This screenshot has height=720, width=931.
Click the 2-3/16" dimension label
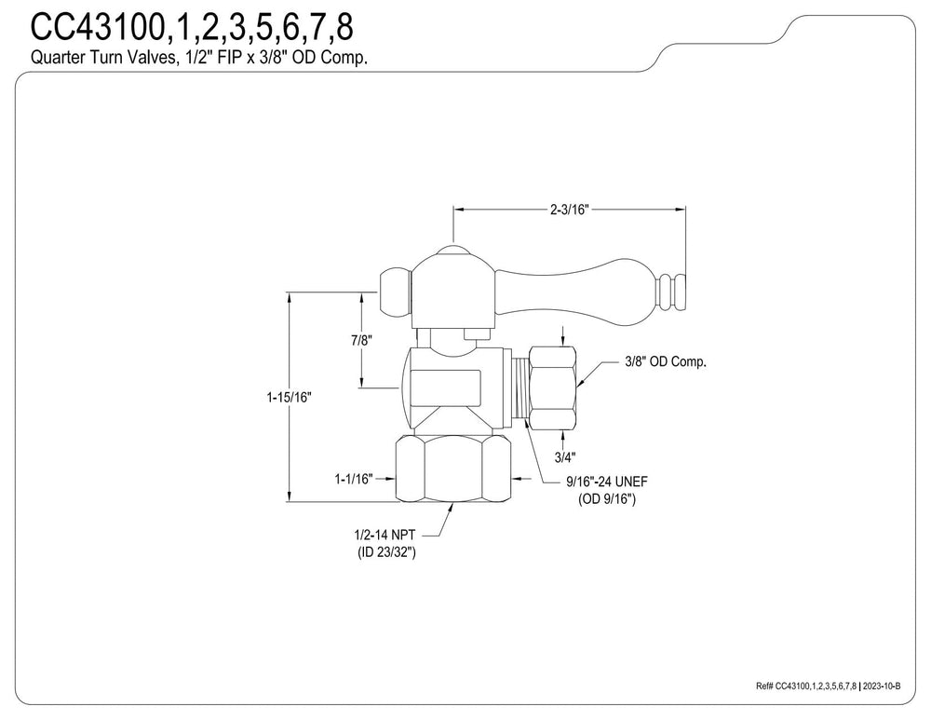[x=568, y=210]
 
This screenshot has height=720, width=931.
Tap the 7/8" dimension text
[x=361, y=340]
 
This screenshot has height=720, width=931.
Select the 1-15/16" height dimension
[x=289, y=397]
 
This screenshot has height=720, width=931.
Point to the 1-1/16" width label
[x=353, y=478]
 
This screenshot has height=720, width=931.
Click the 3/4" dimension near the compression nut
[x=565, y=456]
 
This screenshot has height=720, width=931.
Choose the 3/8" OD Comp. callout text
[x=666, y=361]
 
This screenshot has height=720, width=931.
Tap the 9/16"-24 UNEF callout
[x=606, y=482]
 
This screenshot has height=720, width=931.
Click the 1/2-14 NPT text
[x=385, y=536]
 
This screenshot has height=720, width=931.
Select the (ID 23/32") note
[x=386, y=552]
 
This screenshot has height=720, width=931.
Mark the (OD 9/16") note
[x=607, y=499]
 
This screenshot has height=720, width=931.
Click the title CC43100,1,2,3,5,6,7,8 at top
[x=192, y=27]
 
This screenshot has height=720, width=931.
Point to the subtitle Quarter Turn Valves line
[x=199, y=58]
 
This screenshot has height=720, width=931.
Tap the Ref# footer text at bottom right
[x=806, y=686]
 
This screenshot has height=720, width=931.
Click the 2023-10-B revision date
[x=882, y=686]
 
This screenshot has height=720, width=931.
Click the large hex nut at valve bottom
[x=453, y=469]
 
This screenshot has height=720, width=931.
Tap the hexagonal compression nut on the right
[x=552, y=387]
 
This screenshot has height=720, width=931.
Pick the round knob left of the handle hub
[x=395, y=292]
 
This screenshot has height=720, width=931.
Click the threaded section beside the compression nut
[x=520, y=387]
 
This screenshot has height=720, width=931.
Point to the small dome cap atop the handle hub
[x=453, y=249]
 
